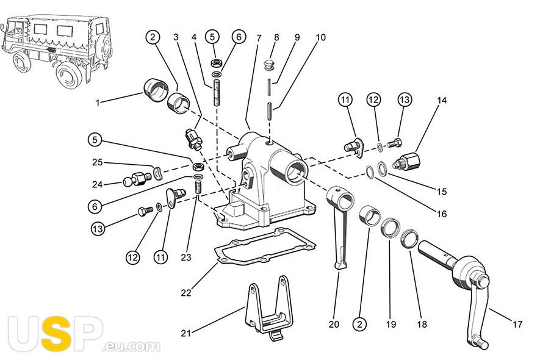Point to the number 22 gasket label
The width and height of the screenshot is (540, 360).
[186, 292]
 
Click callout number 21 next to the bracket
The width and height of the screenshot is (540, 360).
[186, 333]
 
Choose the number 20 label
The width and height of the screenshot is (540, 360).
[334, 324]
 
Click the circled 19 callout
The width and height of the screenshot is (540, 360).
[390, 324]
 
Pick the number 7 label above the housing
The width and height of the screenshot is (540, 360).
[259, 38]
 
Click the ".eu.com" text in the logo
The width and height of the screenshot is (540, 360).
[132, 346]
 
